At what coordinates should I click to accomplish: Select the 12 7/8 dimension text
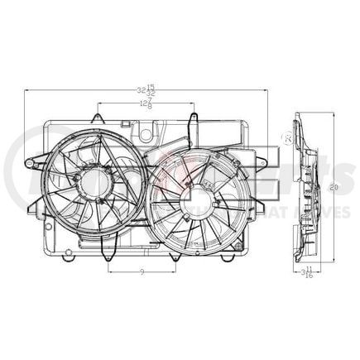[146, 103]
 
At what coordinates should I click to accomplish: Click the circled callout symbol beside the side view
[289, 137]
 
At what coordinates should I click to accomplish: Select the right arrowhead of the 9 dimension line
[175, 270]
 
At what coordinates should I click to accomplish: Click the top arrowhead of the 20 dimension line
[330, 115]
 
